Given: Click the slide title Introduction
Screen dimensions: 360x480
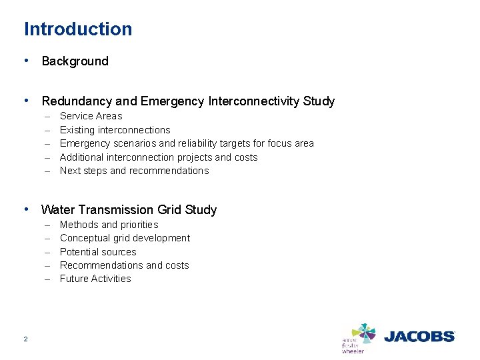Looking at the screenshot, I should [78, 29].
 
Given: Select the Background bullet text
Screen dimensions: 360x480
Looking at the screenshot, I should [75, 61].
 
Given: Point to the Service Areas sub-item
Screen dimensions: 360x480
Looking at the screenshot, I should [91, 116].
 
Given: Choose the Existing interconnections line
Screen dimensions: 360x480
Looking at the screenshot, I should [115, 130].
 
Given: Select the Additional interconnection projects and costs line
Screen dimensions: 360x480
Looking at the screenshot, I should [158, 157].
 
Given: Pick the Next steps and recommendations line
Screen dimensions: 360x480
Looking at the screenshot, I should [134, 171].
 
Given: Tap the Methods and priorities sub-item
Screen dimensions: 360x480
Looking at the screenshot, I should [109, 225].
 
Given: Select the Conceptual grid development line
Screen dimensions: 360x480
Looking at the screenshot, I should [125, 238].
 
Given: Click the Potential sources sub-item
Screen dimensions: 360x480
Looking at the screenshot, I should [97, 252].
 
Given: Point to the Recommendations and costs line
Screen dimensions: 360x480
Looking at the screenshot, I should [124, 265].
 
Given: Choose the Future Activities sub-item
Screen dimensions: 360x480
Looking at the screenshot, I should [95, 279].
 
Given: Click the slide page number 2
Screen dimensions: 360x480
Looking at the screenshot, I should [25, 339].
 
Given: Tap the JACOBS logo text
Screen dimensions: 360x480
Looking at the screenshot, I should [419, 337].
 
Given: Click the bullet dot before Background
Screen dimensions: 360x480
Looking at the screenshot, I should [26, 61].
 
